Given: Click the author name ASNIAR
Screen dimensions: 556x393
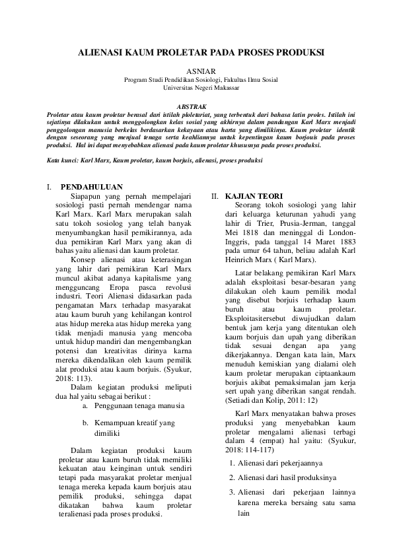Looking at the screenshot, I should coord(197,70).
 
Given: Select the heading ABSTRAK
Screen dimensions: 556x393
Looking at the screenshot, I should coord(196,105).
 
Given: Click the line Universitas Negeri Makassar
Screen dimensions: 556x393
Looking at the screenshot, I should coord(196,87).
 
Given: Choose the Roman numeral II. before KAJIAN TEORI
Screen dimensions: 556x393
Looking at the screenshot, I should coord(215,196).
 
